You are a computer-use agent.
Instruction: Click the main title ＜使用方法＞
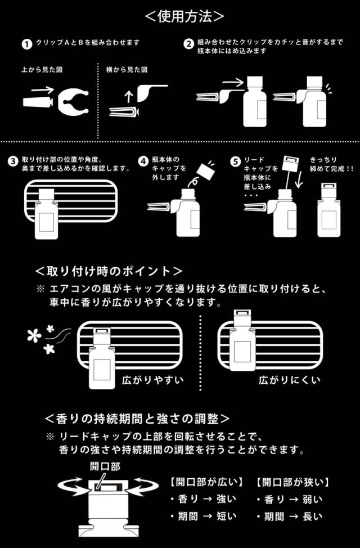184,16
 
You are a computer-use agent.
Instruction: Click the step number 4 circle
143,161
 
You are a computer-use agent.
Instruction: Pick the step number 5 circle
236,161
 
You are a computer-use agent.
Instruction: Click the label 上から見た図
42,70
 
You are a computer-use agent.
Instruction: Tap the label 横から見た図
127,70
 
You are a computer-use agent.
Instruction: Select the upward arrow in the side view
128,96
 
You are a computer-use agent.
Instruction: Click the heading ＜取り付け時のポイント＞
109,271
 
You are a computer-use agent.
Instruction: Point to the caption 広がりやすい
153,380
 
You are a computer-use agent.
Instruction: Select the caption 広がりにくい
289,380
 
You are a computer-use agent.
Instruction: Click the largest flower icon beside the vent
34,336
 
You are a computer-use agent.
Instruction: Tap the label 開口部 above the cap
105,466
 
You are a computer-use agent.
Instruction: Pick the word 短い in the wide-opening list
226,516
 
